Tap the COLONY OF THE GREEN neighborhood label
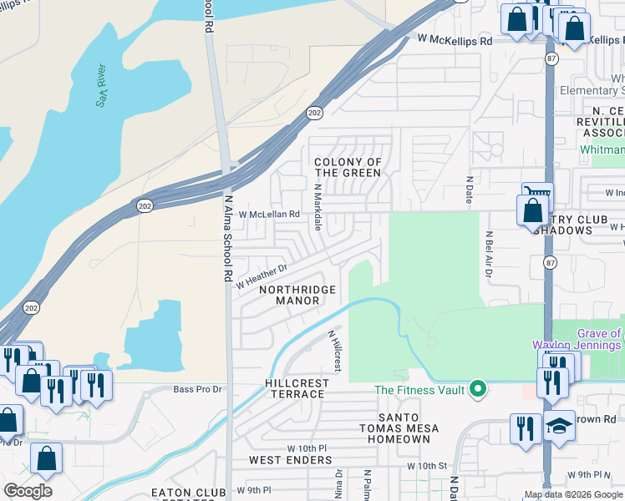(348, 167)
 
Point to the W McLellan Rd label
(269, 215)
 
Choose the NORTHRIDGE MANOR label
(297, 295)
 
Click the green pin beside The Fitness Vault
(477, 388)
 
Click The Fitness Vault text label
(419, 389)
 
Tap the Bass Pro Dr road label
(197, 389)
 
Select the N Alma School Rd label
(227, 238)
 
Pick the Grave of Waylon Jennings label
(577, 339)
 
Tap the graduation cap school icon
(559, 426)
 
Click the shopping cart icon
(537, 194)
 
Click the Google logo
(28, 491)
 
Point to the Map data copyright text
(573, 494)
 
